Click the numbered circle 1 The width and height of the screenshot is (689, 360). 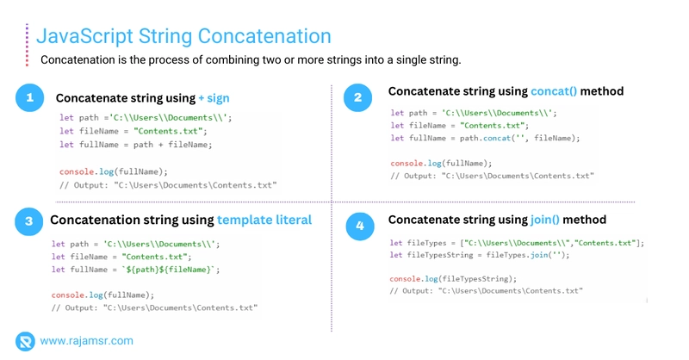30,97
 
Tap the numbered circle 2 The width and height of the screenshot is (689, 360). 357,97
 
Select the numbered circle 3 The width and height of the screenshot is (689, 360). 29,221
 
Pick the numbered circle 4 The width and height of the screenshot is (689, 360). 360,226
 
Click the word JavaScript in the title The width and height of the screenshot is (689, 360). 84,36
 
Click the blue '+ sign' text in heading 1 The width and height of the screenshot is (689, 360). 214,98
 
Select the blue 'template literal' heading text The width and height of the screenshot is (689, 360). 264,220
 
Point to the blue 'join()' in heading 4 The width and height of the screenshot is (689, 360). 545,220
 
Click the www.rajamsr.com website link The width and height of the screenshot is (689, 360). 87,341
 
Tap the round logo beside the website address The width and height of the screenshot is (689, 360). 25,342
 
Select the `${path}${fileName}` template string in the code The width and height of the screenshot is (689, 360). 168,270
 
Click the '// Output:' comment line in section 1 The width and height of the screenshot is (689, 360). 168,185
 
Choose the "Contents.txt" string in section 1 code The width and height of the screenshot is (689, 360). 168,131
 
